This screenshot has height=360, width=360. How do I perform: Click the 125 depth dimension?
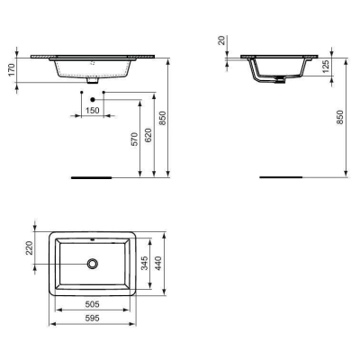click(x=326, y=66)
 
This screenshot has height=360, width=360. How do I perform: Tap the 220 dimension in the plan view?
click(x=27, y=247)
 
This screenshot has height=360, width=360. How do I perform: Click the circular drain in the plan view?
click(x=93, y=264)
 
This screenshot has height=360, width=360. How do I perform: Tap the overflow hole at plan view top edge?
click(x=93, y=241)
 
